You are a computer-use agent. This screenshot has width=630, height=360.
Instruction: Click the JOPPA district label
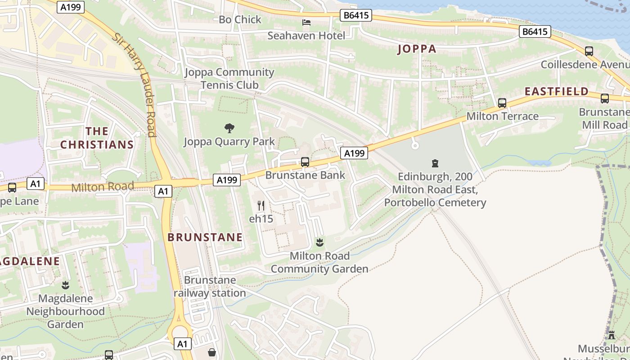(x=417, y=49)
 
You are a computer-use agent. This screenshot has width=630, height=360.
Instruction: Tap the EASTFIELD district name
(x=557, y=91)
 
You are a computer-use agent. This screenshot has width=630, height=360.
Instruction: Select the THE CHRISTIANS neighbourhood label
(x=97, y=138)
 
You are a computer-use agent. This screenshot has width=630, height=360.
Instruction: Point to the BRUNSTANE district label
(x=205, y=237)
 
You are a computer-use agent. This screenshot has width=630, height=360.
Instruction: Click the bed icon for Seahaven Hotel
(x=306, y=22)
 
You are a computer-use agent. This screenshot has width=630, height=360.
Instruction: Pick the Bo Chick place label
(x=240, y=19)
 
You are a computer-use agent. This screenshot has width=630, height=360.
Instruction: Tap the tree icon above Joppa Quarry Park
(x=229, y=128)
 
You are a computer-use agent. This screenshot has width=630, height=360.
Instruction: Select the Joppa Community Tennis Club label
(x=229, y=78)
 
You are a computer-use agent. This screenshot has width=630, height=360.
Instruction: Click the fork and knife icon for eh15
(x=261, y=206)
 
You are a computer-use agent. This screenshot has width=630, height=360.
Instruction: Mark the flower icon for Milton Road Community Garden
(x=319, y=243)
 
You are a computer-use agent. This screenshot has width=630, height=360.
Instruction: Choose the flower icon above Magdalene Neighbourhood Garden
(x=65, y=285)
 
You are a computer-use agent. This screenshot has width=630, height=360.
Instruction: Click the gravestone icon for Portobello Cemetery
(x=435, y=163)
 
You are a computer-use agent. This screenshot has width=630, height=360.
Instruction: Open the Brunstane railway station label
(x=210, y=287)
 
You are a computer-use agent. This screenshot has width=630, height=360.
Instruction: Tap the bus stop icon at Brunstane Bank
(x=305, y=162)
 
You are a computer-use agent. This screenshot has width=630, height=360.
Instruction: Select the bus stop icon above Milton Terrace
(x=502, y=103)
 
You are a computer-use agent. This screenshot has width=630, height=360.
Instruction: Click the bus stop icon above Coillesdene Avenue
(x=589, y=51)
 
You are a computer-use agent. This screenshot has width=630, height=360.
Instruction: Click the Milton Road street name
(x=103, y=187)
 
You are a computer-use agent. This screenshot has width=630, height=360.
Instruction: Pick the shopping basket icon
(x=211, y=352)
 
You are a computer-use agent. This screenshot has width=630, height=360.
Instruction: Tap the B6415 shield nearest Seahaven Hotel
(x=356, y=16)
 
